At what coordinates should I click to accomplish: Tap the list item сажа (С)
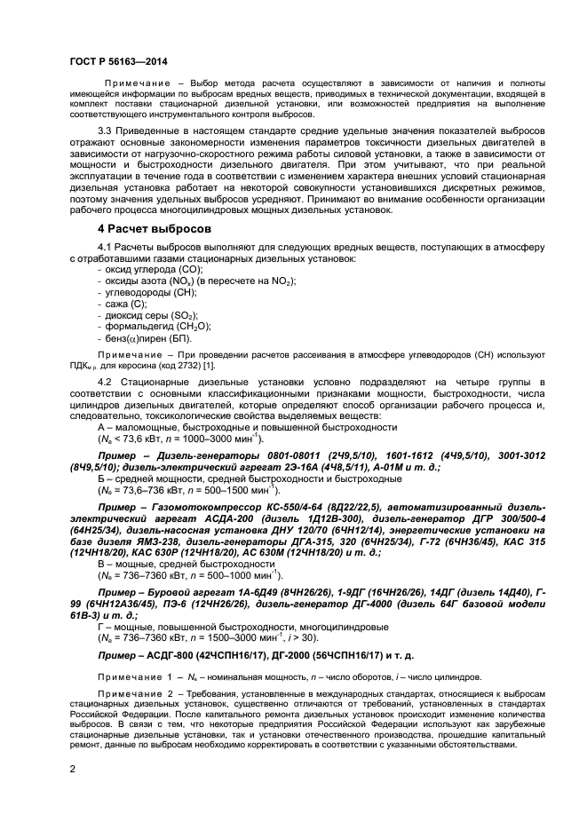(128, 304)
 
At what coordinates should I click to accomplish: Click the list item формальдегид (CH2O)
(155, 327)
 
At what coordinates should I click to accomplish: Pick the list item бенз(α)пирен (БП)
(147, 338)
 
